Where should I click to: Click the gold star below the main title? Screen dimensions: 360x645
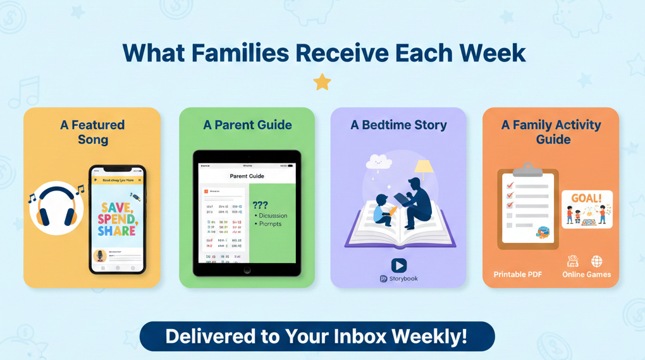pyautogui.click(x=322, y=82)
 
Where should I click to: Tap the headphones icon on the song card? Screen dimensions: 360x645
pyautogui.click(x=56, y=208)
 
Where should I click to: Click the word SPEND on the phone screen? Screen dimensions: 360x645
pyautogui.click(x=117, y=218)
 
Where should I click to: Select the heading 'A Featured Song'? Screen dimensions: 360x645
pyautogui.click(x=92, y=132)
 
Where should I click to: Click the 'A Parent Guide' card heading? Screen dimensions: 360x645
pyautogui.click(x=247, y=125)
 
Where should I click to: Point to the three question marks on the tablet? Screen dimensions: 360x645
pyautogui.click(x=260, y=205)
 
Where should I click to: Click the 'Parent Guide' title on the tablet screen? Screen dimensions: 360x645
pyautogui.click(x=247, y=176)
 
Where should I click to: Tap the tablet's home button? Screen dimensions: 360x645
pyautogui.click(x=247, y=270)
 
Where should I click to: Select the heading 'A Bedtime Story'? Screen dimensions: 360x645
pyautogui.click(x=398, y=125)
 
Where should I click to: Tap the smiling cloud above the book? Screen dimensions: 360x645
pyautogui.click(x=379, y=163)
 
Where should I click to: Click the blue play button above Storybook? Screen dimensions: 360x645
pyautogui.click(x=398, y=265)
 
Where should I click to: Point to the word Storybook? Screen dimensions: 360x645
pyautogui.click(x=403, y=278)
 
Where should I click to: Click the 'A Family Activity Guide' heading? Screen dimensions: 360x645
pyautogui.click(x=551, y=132)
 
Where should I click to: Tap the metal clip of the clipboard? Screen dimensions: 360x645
pyautogui.click(x=528, y=169)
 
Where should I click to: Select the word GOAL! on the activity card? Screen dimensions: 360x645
pyautogui.click(x=586, y=198)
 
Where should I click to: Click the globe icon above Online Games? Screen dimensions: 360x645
pyautogui.click(x=596, y=261)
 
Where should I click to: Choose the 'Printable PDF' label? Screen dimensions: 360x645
pyautogui.click(x=518, y=275)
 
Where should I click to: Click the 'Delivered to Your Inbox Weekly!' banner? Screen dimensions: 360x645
pyautogui.click(x=317, y=336)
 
